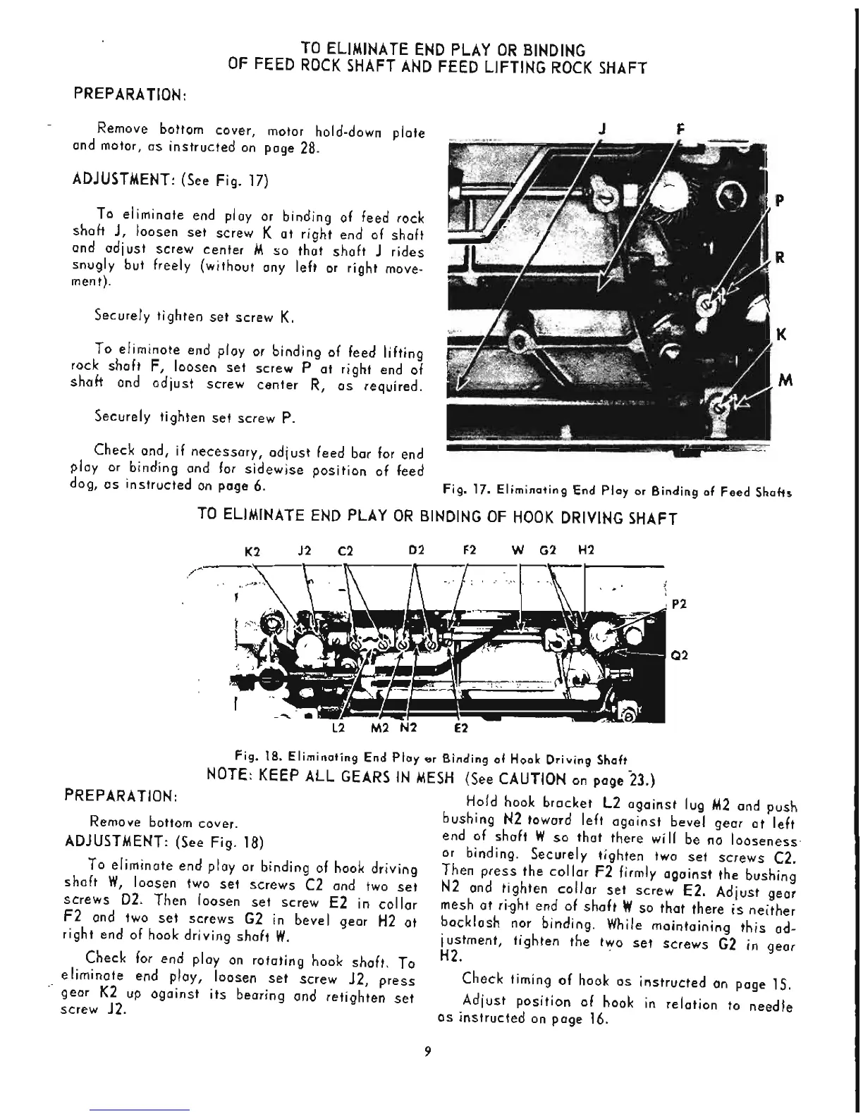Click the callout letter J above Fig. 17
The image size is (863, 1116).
(604, 129)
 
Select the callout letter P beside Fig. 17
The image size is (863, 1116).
(780, 201)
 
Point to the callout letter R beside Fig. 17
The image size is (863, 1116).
(780, 258)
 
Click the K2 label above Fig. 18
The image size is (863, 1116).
(252, 551)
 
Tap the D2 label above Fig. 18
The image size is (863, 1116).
(416, 550)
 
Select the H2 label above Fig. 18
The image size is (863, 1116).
(586, 550)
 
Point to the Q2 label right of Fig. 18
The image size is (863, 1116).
(680, 655)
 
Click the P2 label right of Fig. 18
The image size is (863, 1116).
(680, 604)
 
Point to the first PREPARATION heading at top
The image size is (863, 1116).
(130, 94)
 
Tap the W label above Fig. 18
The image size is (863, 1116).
(519, 550)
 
